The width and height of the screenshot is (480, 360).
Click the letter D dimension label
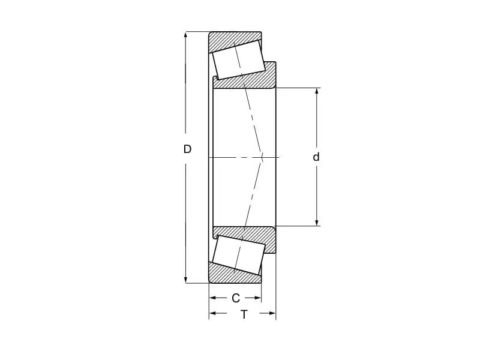(187, 149)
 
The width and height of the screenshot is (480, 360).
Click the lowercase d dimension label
(316, 157)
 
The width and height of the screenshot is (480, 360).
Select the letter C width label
(235, 298)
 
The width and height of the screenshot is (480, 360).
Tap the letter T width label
(244, 314)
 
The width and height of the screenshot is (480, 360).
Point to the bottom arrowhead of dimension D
(185, 279)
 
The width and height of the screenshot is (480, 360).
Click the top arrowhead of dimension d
(317, 92)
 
